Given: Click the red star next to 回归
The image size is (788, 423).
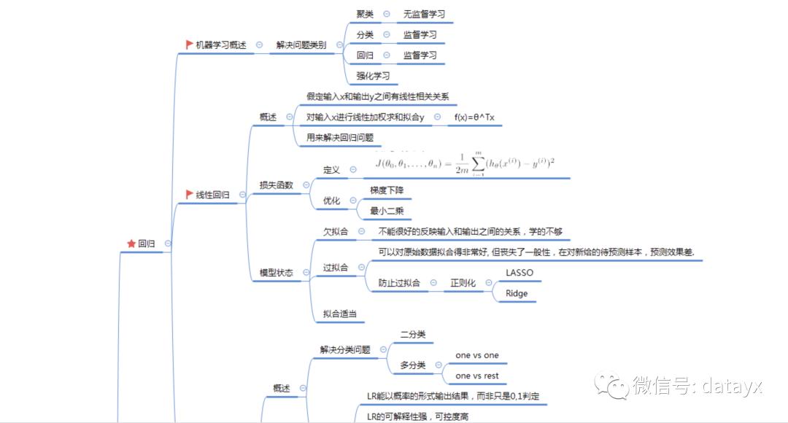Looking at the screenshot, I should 131,244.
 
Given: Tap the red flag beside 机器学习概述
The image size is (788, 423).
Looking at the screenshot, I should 190,44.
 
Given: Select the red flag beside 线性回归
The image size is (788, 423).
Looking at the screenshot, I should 190,195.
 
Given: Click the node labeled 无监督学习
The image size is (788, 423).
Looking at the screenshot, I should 424,14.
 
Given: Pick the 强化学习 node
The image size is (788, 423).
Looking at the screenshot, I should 373,75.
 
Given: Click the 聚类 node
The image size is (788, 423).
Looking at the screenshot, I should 365,14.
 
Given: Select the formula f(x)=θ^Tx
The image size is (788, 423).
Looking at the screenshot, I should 475,117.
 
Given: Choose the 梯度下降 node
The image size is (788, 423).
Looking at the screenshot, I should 387,190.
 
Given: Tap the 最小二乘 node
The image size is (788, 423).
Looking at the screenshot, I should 387,211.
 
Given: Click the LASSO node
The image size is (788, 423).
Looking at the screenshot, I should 519,273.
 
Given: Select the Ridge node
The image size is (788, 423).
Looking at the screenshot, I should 516,293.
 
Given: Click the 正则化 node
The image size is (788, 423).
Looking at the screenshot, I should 463,283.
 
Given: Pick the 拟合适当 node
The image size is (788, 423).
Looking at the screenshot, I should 340,314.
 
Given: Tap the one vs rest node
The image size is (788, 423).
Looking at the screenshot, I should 477,376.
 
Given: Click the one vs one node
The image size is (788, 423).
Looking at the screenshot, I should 477,355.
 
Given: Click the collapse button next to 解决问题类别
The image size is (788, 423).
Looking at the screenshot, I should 339,44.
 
